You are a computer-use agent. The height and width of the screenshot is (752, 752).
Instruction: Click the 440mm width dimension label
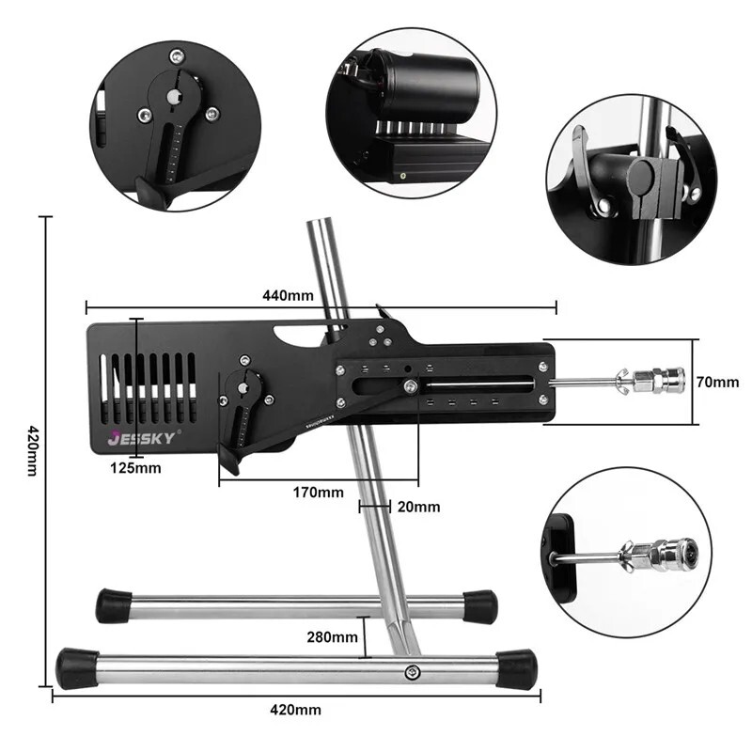click(288, 295)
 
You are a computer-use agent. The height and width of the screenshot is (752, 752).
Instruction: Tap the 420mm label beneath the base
click(295, 710)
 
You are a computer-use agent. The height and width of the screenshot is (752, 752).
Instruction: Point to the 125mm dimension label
click(134, 467)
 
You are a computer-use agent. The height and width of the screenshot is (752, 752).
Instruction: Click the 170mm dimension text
click(318, 493)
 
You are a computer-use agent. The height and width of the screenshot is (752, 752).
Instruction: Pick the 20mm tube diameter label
click(418, 507)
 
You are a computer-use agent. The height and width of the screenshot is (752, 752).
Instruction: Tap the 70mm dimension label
click(719, 383)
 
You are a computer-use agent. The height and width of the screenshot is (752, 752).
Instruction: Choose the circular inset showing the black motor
click(412, 112)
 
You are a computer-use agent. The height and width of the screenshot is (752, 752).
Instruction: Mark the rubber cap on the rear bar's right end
click(479, 606)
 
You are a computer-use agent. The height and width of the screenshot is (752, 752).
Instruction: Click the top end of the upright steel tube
click(321, 226)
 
